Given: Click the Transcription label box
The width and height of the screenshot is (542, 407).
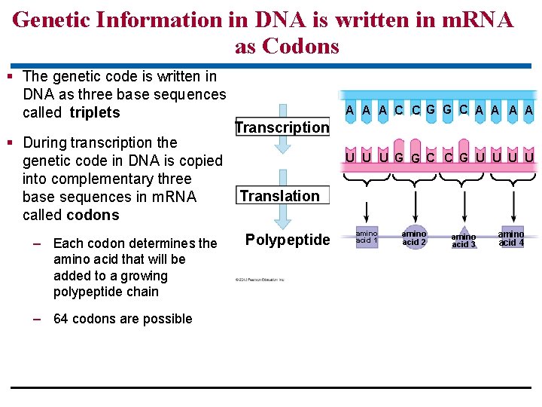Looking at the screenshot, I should coord(282,127).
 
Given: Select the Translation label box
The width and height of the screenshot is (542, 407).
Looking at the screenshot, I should coord(280,196).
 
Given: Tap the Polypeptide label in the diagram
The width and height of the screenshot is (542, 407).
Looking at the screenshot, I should coord(288,240).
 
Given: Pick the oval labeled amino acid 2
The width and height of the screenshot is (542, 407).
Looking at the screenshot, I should coord(414,237).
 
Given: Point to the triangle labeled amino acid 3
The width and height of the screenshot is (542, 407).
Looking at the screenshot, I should coord(464,239).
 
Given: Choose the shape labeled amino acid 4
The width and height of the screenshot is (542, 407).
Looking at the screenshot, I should coord(511,238).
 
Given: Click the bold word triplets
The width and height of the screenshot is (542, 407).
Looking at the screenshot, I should coord(95,112).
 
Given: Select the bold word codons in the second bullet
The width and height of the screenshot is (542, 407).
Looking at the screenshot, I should coord(93,215).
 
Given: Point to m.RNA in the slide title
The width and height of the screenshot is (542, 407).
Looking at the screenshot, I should coord(468,19).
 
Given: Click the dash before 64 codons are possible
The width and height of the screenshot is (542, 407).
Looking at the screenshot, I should coord(37,319).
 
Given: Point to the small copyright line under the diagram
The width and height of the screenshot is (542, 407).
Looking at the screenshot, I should coord(260,280).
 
